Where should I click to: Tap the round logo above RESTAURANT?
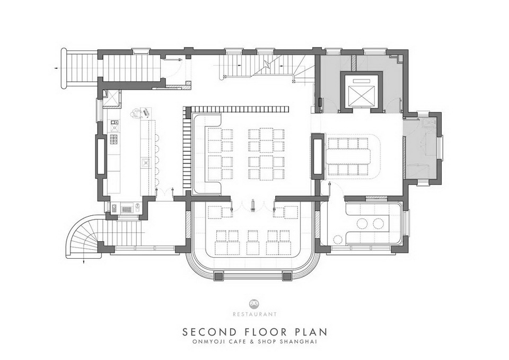(254, 303)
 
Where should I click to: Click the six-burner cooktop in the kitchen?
(114, 139)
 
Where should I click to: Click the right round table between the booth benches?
(378, 223)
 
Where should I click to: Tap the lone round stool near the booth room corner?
(338, 240)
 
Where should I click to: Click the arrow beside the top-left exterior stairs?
(57, 68)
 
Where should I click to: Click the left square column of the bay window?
(218, 276)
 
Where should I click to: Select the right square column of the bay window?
(286, 276)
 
